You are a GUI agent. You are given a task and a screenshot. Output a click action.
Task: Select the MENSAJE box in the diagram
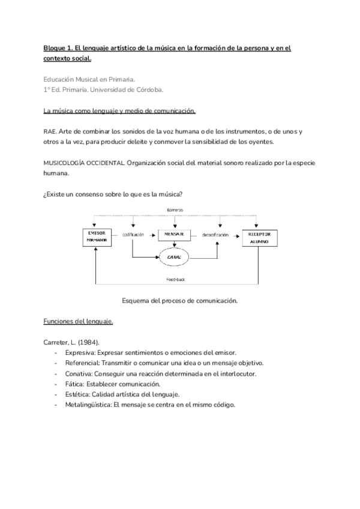[x=174, y=234]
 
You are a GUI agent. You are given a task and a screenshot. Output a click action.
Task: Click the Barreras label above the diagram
[x=175, y=208]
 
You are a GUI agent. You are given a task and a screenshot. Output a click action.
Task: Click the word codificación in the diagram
[x=133, y=235]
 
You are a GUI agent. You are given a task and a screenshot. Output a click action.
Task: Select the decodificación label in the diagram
[x=216, y=235]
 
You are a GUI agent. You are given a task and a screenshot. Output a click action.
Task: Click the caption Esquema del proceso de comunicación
[x=179, y=300]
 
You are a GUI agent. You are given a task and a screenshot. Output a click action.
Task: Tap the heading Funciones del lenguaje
[x=78, y=321]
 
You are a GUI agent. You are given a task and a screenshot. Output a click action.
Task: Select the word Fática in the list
[x=76, y=384]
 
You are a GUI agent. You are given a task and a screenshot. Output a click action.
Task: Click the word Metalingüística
[x=88, y=405]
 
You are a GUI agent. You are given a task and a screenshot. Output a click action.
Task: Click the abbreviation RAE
[x=50, y=131]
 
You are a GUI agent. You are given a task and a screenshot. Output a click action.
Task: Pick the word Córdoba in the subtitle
[x=147, y=89]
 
